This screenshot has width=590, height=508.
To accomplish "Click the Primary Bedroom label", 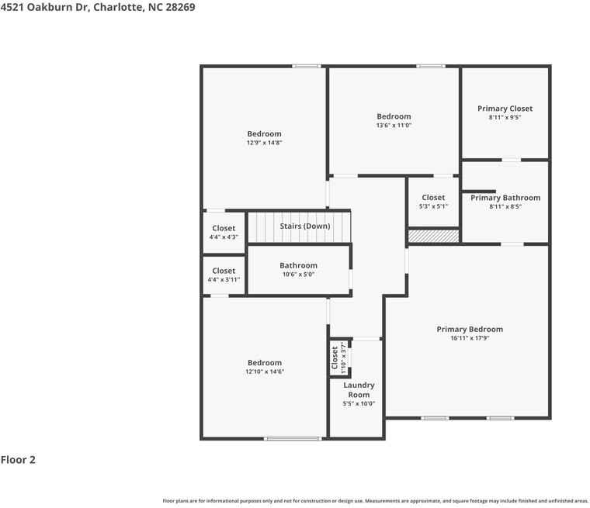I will (x=469, y=329).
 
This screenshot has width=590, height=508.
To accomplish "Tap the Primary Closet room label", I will (x=505, y=109).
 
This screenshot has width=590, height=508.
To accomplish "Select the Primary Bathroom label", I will (x=505, y=198).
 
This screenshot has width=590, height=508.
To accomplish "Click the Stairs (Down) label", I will (x=304, y=226).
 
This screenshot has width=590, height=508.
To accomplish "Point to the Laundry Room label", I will (x=359, y=389).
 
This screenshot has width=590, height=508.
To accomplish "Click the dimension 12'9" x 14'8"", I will (x=264, y=143).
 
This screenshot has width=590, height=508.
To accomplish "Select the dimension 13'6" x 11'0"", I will (x=394, y=125).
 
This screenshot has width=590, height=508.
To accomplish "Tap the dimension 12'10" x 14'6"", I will (x=265, y=371).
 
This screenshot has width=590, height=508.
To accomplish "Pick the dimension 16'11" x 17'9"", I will (x=469, y=338).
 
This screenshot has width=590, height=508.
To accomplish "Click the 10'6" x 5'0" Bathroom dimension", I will (x=298, y=274).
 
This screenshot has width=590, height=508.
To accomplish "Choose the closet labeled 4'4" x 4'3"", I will (x=224, y=233).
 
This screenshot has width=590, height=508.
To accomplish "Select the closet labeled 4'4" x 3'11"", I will (x=224, y=275).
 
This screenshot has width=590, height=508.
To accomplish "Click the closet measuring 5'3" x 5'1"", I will (x=433, y=202).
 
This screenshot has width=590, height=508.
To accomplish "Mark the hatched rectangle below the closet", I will (x=433, y=236).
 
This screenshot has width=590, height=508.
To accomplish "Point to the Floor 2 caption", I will (x=18, y=460).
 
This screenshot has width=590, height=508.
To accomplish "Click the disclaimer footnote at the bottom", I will (x=375, y=501).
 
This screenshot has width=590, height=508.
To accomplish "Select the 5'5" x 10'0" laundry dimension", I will (x=359, y=403).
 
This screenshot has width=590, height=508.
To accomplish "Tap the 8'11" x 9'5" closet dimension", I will (x=505, y=118).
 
